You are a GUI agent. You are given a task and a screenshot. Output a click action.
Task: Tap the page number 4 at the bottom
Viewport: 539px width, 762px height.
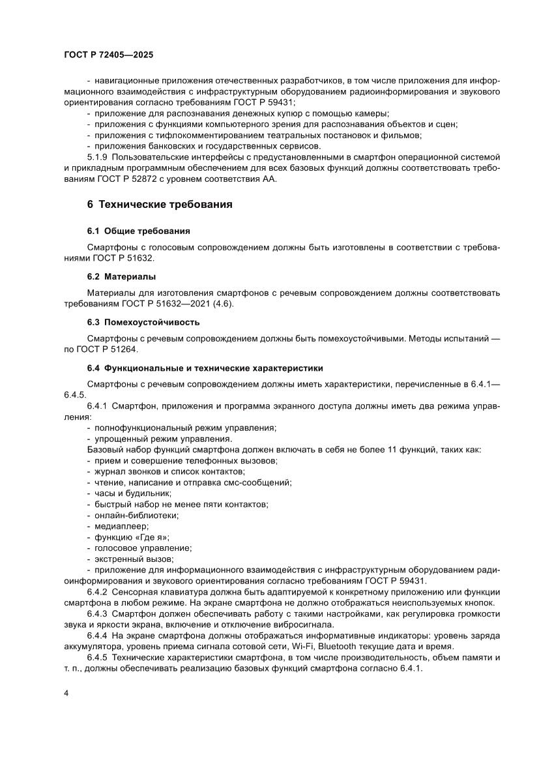66,692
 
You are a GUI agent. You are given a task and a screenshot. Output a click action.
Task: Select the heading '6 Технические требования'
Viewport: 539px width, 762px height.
160,205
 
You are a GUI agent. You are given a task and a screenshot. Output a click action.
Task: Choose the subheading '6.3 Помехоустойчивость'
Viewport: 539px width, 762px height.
143,322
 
